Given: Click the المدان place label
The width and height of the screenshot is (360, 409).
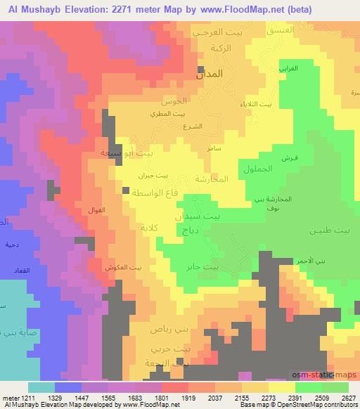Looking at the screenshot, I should tap(209, 74).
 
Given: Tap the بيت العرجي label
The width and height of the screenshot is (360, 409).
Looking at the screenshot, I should tap(217, 33).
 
